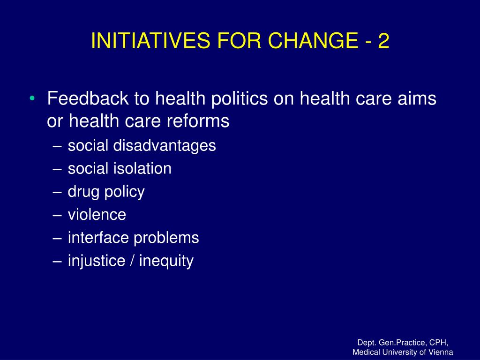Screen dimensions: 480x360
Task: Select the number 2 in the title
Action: (383, 40)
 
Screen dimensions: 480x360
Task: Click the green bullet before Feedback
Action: (32, 98)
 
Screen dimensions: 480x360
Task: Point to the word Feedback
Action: (88, 98)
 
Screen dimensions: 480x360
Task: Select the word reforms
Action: (198, 121)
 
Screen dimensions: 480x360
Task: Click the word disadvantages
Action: (165, 146)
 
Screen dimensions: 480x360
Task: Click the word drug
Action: (83, 192)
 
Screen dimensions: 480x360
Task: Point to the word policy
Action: (125, 192)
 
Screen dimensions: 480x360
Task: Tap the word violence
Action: (97, 215)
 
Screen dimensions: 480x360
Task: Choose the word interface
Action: (98, 238)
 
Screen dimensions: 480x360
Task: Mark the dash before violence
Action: (57, 215)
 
